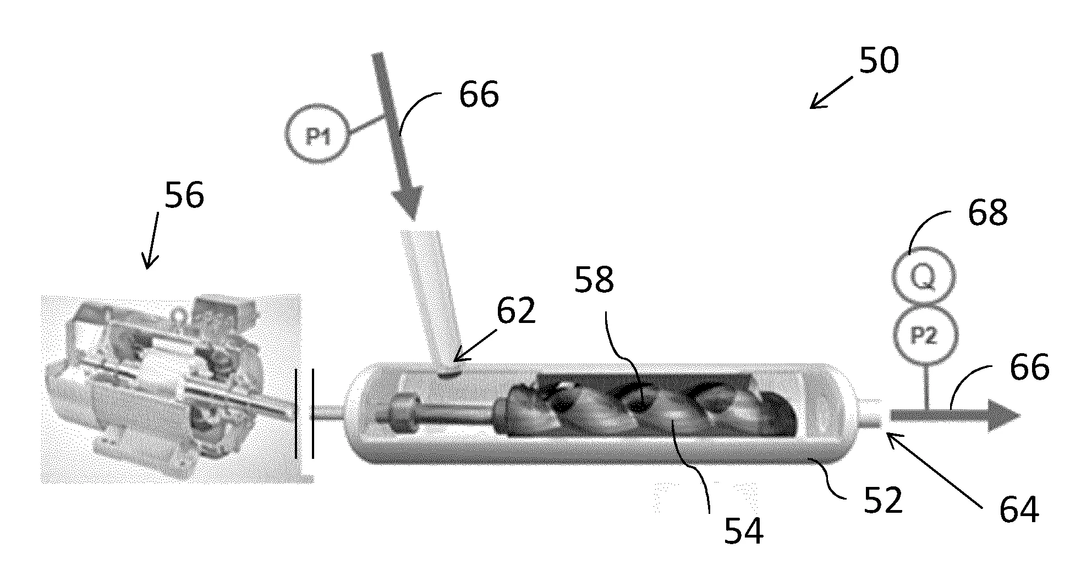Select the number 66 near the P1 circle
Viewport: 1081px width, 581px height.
point(479,94)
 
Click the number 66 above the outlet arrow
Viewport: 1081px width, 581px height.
point(1029,368)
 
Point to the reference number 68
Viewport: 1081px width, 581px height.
point(987,212)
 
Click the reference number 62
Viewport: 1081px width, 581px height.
point(515,311)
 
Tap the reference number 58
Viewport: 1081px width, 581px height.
point(594,280)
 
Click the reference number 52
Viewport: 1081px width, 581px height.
point(883,501)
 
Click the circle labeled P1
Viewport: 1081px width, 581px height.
point(316,135)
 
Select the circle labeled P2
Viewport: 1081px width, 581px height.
point(925,335)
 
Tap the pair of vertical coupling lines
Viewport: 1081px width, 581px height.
point(304,413)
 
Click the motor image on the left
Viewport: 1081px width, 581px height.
point(171,388)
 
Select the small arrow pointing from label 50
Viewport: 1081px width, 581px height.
point(831,92)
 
